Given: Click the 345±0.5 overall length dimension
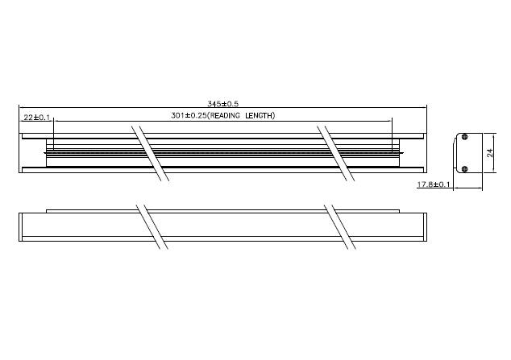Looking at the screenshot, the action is pos(223,104).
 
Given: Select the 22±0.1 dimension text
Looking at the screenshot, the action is pos(37,117).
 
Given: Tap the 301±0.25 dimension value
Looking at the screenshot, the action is pos(189,115).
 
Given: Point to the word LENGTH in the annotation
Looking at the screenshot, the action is pos(259,115).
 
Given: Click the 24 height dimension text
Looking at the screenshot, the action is pos(490,153).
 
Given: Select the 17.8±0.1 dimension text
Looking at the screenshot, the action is pos(434,184).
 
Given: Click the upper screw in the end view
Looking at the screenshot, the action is pos(465,137).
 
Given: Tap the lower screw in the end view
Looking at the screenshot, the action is pos(465,168).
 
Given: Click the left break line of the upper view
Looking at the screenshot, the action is pos(150,153).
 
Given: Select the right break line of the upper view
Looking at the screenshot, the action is pos(336,153).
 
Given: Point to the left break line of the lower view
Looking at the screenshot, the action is pos(152,227).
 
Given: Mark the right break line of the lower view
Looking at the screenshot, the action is pos(340,227).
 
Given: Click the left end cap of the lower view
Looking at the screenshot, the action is pos(20,227).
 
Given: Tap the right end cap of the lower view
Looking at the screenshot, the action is pos(425,227).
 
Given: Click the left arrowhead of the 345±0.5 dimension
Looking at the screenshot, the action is pos(21,107).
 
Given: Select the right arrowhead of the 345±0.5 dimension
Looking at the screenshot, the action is pos(424,107).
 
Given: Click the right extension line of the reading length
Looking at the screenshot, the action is pos(392,135).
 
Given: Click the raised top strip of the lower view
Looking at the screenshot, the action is pos(223,212).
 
